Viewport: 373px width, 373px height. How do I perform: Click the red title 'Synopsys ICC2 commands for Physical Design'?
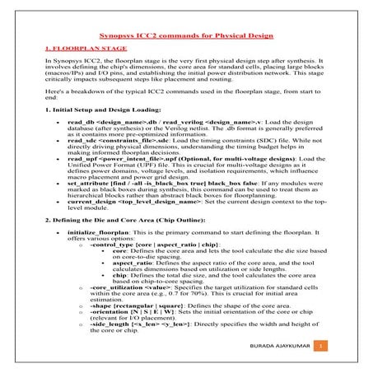185,37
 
